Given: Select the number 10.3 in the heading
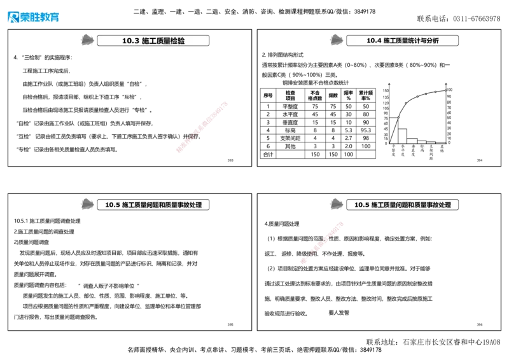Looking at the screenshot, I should click(130, 41).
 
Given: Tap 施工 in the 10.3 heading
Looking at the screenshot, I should click(149, 41).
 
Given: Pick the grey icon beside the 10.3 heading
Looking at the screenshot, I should click(85, 40).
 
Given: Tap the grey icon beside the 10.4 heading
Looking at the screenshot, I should click(335, 40).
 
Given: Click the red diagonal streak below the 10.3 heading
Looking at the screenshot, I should click(201, 126).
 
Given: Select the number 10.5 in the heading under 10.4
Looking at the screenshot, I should click(362, 205).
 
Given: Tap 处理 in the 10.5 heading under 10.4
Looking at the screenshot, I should click(444, 205).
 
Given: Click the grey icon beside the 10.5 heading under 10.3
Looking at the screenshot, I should click(85, 204).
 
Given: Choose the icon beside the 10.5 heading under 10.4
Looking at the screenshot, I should click(335, 204).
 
